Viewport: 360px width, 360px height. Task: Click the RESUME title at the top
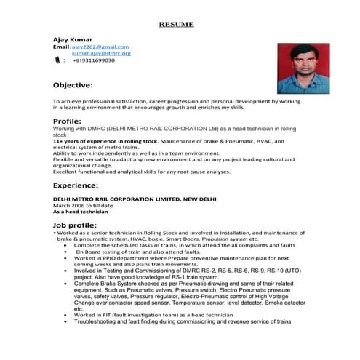click(177, 24)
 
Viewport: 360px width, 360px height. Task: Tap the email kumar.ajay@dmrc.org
click(101, 53)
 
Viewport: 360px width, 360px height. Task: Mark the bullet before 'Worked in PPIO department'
click(66, 258)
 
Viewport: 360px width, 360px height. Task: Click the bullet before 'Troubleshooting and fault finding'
click(66, 321)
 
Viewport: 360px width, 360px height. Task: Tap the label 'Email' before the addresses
click(60, 47)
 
